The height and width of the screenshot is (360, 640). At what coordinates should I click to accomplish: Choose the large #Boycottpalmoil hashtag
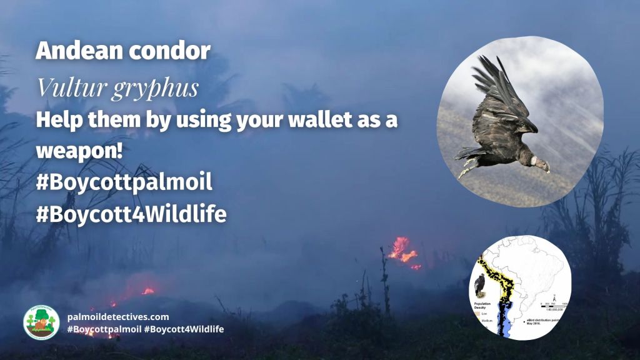click(x=124, y=183)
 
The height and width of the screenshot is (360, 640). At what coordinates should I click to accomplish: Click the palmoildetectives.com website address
click(x=117, y=317)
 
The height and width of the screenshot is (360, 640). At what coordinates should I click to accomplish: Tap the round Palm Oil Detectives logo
click(x=41, y=322)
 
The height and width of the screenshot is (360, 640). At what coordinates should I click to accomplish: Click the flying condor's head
click(x=541, y=164)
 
